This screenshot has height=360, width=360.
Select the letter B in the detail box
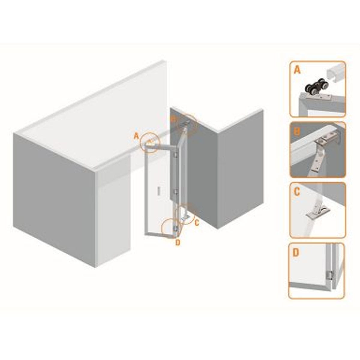click(297, 131)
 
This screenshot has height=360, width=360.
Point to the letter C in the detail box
click(297, 192)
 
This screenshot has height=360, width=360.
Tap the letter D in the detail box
click(296, 253)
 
